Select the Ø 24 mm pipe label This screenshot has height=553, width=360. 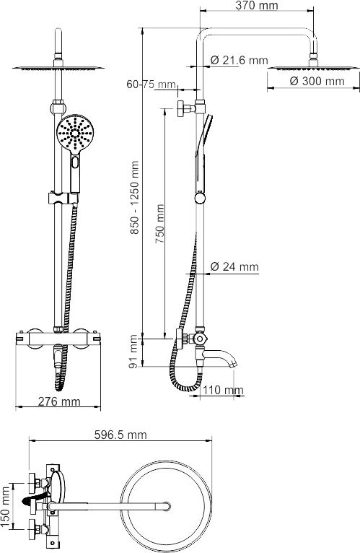pos(234,266)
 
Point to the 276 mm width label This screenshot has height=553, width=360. pos(59,402)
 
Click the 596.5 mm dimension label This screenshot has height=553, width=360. pos(120,435)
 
